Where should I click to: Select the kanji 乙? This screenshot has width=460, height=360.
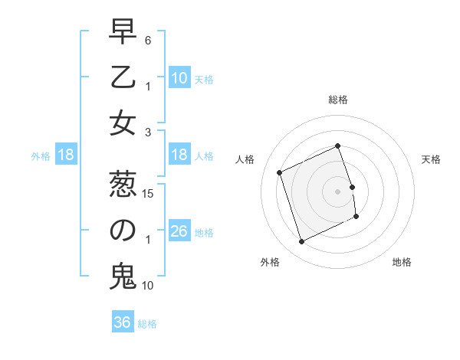point(123,77)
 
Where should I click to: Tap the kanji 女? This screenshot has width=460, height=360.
point(123,123)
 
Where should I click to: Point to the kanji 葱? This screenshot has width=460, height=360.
point(123,185)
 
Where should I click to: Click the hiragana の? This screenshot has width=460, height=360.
point(123,231)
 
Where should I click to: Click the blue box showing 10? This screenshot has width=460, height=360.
point(179,78)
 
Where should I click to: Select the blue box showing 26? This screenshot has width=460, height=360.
point(179,231)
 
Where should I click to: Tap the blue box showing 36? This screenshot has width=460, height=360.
point(123,322)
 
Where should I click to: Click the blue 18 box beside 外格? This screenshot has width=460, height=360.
point(66,155)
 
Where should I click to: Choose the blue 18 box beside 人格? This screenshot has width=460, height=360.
point(179,155)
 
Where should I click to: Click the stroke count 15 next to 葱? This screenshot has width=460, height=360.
point(149,193)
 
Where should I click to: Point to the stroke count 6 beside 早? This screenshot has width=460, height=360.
point(148,40)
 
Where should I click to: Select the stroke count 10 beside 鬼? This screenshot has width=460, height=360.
point(149,286)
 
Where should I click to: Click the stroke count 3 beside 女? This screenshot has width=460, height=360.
point(148,133)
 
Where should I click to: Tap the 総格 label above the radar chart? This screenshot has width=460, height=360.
point(338,100)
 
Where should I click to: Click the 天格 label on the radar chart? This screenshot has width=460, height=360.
point(431,159)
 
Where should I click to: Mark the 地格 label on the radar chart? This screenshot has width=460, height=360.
point(402,262)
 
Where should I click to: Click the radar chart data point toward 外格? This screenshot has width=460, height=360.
point(301,242)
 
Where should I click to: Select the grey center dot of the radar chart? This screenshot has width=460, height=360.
point(338,191)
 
